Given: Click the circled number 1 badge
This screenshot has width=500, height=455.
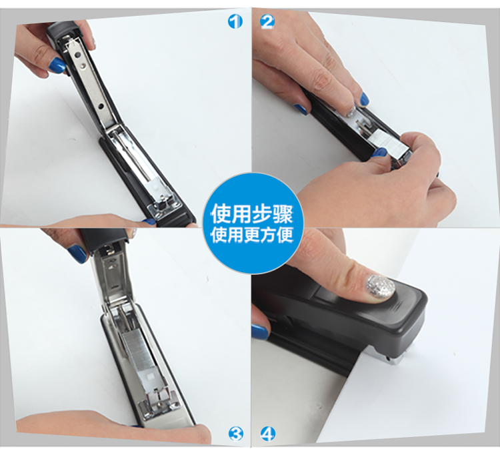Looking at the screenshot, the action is coord(235,22).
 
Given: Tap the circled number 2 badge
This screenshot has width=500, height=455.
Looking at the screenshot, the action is coord(267,22).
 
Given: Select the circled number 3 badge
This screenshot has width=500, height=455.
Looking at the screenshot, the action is coord(236,434).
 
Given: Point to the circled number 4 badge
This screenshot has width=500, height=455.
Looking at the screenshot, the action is coord(268,434).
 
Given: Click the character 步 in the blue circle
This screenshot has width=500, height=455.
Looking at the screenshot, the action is coord(262,213).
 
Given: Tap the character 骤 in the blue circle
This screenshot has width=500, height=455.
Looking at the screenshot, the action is coord(283,213).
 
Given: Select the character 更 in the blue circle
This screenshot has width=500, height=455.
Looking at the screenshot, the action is coord(252,235).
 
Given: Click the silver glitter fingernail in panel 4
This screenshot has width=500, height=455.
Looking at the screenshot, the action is coord(381,287).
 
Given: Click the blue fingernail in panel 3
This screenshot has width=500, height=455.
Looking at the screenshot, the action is coord(77,254).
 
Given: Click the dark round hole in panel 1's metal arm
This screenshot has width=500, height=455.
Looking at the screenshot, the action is coord(101,105).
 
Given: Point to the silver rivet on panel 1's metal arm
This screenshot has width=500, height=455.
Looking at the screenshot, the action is coord(83,66).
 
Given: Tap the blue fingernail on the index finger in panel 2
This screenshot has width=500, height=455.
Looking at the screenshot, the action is coord(364,99).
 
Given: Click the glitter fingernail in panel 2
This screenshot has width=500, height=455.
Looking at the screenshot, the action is coord(351,112).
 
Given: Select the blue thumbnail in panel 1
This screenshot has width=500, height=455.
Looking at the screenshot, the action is coord(58,65).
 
